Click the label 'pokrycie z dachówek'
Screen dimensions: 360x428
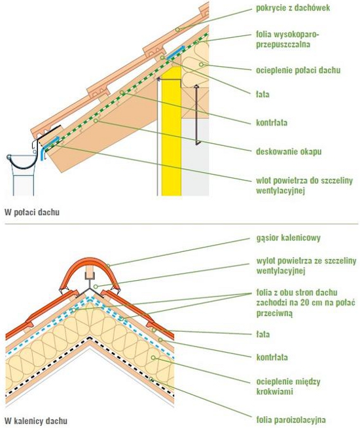click(293, 8)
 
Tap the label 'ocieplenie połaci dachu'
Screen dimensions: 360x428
click(298, 70)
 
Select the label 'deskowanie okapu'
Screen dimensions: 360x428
click(289, 151)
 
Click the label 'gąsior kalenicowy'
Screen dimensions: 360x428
click(288, 238)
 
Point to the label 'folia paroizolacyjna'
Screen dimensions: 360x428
click(291, 419)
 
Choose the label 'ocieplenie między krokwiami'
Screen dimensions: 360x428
click(288, 386)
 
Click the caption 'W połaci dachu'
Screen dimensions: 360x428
click(32, 212)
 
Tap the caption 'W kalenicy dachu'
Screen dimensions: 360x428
click(36, 421)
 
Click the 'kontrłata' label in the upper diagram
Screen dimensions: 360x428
click(272, 122)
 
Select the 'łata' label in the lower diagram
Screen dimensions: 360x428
click(263, 334)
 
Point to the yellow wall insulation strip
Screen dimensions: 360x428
click(171, 131)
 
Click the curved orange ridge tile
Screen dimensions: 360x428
click(89, 273)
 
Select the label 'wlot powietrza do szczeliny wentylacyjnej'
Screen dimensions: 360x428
click(304, 185)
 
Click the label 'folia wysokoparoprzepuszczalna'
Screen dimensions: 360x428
click(287, 39)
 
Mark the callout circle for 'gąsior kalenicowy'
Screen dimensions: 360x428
click(108, 266)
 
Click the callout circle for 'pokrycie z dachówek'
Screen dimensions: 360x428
click(177, 29)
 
